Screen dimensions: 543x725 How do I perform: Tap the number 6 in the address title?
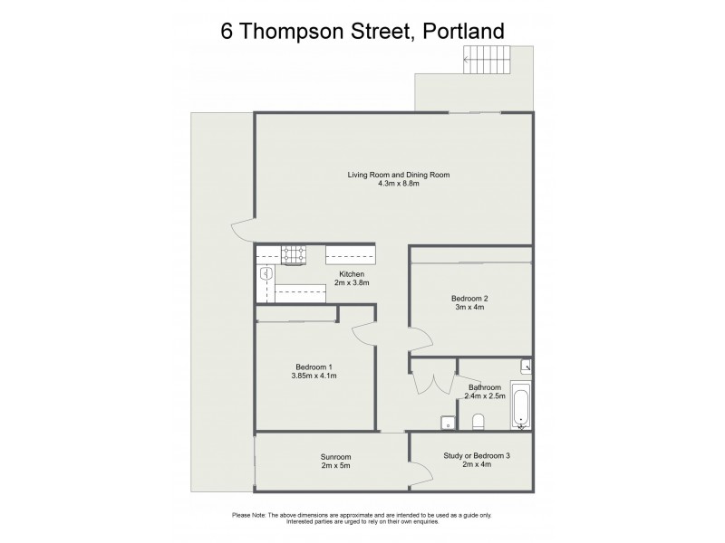[x=228, y=31]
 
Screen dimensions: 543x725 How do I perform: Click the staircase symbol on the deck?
[x=487, y=63]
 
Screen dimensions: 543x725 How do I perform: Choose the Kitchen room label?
[x=352, y=274]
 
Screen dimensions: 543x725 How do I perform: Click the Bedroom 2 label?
[x=470, y=298]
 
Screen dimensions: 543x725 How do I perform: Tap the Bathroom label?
[x=485, y=386]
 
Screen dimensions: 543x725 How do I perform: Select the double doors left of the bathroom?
[x=433, y=382]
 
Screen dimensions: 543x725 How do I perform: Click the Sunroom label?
[x=335, y=457]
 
